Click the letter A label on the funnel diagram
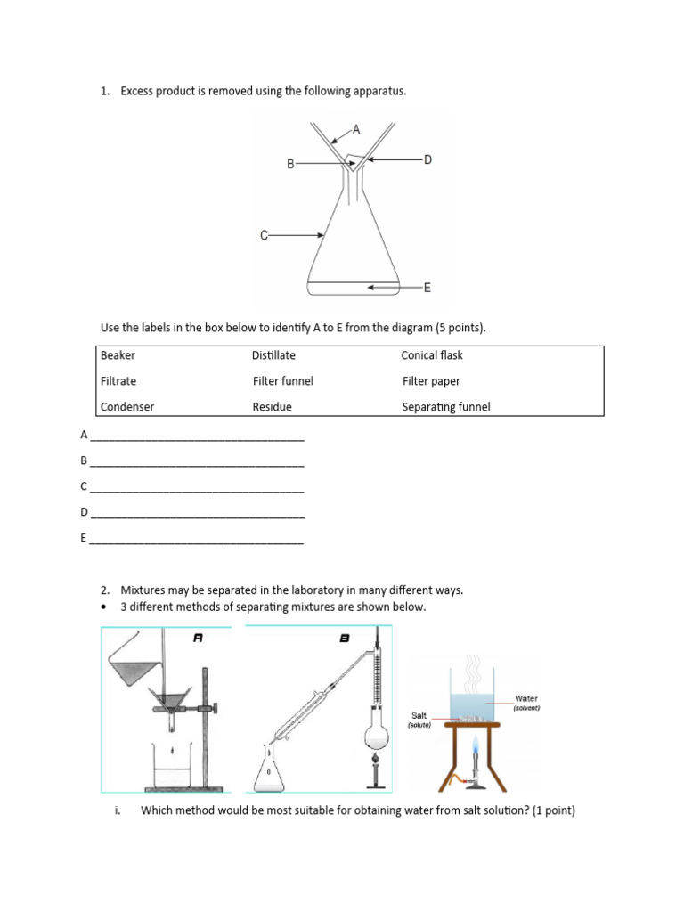(x=356, y=129)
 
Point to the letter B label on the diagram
(x=290, y=164)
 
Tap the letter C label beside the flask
(x=264, y=235)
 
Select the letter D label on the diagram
(x=427, y=159)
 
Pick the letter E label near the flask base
(x=427, y=288)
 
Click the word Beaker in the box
(x=118, y=355)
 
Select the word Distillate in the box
(x=273, y=355)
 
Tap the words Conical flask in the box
(x=432, y=355)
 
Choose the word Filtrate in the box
(x=118, y=381)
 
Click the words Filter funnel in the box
(x=283, y=381)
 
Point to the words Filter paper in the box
(x=431, y=381)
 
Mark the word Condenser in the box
(x=127, y=407)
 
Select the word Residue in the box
(x=272, y=407)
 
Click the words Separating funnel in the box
(x=446, y=407)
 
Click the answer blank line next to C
(x=197, y=490)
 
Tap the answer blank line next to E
(x=197, y=541)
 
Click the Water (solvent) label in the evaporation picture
(x=526, y=703)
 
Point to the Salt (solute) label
(x=419, y=719)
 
